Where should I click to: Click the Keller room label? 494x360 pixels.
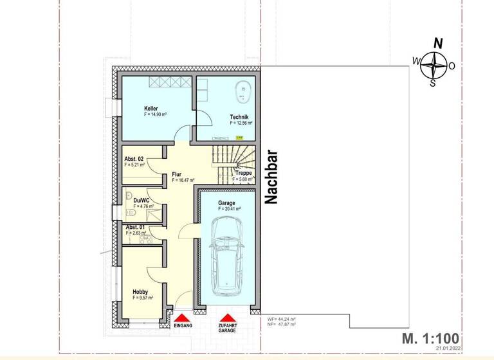coord(151,109)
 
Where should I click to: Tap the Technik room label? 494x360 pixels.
coord(239,116)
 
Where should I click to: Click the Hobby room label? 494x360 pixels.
coord(140,291)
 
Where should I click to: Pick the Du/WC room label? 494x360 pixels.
coord(142,200)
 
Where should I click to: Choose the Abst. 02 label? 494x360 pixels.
coord(134,159)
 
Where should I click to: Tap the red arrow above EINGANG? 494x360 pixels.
coord(183,318)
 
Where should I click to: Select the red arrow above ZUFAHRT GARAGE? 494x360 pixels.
coord(226,318)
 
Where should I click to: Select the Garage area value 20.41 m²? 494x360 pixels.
coord(230,209)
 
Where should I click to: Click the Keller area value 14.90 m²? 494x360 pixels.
coord(155,114)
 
